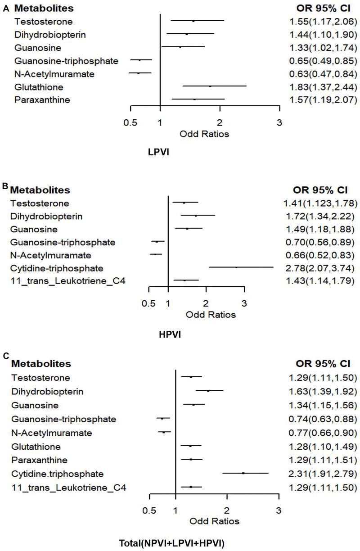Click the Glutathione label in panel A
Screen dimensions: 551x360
39,86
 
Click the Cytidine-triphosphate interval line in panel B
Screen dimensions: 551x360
241,267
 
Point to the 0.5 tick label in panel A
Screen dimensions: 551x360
130,122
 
